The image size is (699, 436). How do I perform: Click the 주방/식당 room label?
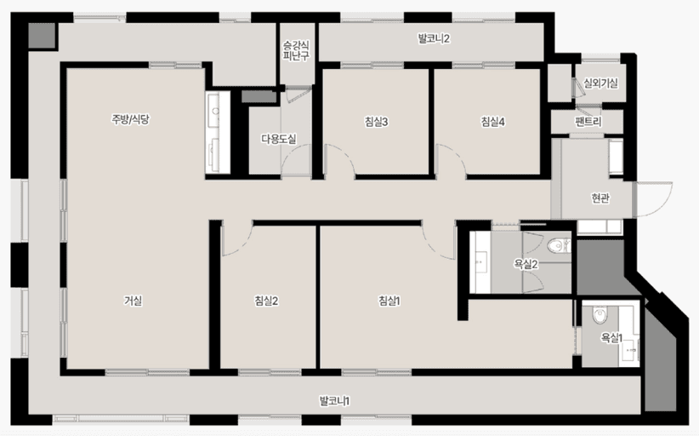pyautogui.click(x=130, y=119)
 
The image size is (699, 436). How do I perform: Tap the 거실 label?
pyautogui.click(x=133, y=301)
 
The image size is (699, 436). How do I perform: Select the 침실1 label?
pyautogui.click(x=389, y=301)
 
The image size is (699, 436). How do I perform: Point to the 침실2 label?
pyautogui.click(x=266, y=301)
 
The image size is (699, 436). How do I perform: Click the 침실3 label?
pyautogui.click(x=376, y=122)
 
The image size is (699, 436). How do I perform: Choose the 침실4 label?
pyautogui.click(x=493, y=122)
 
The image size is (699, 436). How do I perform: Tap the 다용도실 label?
pyautogui.click(x=279, y=139)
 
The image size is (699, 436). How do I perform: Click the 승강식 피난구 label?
pyautogui.click(x=296, y=50)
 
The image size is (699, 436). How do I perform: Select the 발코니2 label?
pyautogui.click(x=434, y=38)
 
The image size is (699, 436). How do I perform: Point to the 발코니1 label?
pyautogui.click(x=334, y=401)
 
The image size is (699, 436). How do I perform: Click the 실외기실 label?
pyautogui.click(x=600, y=83)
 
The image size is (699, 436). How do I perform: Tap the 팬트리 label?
pyautogui.click(x=588, y=122)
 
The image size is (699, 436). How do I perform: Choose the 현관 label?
pyautogui.click(x=600, y=198)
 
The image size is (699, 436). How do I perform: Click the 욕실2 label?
pyautogui.click(x=526, y=264)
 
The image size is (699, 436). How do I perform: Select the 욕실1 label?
pyautogui.click(x=611, y=338)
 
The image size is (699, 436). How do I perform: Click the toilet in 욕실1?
pyautogui.click(x=600, y=315)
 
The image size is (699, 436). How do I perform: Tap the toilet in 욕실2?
pyautogui.click(x=558, y=245)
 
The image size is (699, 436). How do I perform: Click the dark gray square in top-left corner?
pyautogui.click(x=43, y=35)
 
